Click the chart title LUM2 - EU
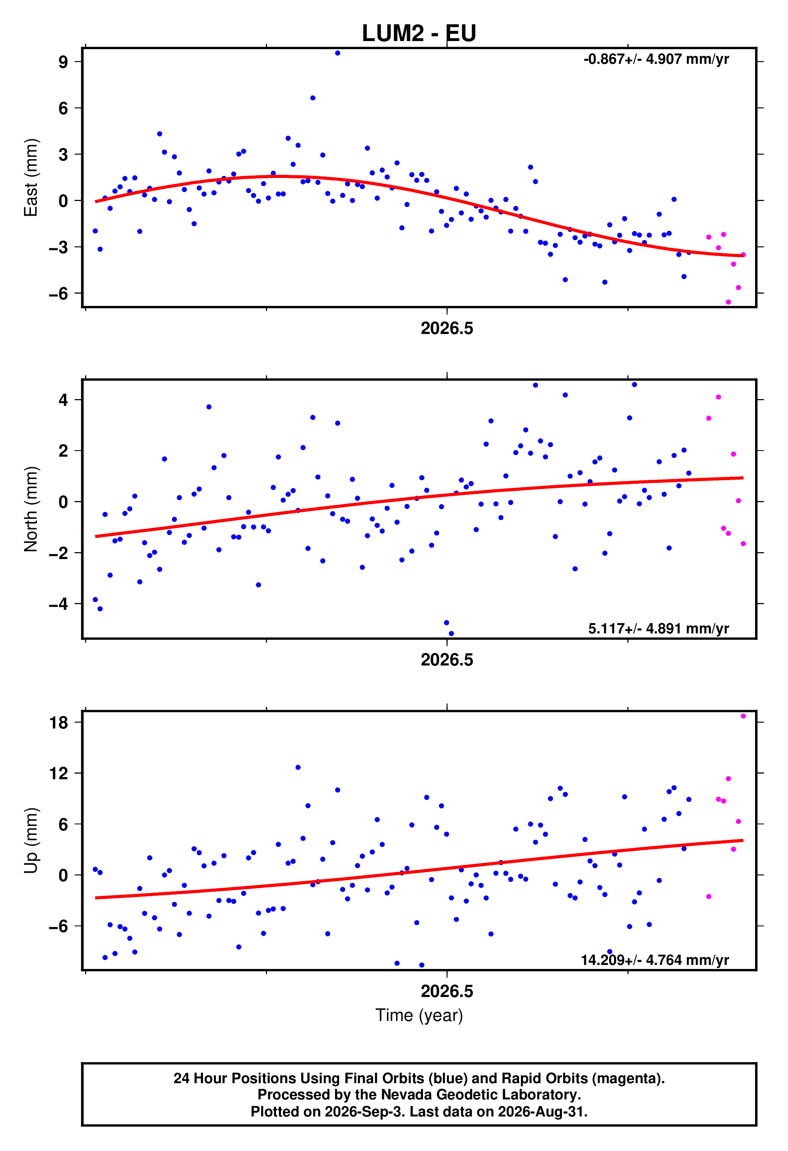419,33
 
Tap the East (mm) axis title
31,177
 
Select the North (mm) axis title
31,509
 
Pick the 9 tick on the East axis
63,62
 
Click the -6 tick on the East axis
59,293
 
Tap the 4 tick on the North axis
63,400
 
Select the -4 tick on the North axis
59,604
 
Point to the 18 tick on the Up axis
59,723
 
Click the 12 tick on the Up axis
59,773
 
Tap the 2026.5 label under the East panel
446,328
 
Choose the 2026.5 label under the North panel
446,660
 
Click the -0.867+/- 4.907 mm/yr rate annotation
656,59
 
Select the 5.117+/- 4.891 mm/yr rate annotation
658,629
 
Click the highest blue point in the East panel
337,53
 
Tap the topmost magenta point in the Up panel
743,716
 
